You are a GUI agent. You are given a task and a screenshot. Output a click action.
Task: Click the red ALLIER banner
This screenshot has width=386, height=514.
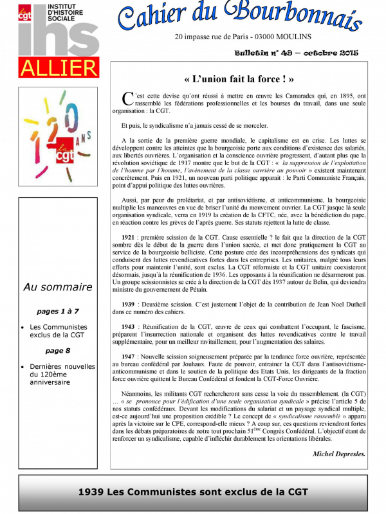pos(58,67)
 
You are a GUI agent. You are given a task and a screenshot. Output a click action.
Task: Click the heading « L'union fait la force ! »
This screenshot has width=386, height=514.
pos(239,80)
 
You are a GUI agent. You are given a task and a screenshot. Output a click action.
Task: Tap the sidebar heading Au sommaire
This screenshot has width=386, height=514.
pos(58,287)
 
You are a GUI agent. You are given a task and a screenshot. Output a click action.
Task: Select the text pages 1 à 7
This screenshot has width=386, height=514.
pos(58,311)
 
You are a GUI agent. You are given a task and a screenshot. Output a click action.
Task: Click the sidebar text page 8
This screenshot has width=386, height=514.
pos(58,351)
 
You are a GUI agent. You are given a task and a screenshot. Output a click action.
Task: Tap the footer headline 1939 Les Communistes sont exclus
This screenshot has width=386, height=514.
pos(193,493)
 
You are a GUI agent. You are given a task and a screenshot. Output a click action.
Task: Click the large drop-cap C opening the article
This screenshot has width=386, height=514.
pos(126,98)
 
